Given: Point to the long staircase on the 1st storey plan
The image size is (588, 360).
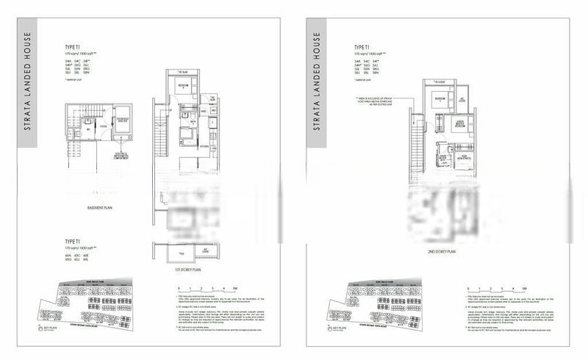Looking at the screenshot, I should click(159, 154).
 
